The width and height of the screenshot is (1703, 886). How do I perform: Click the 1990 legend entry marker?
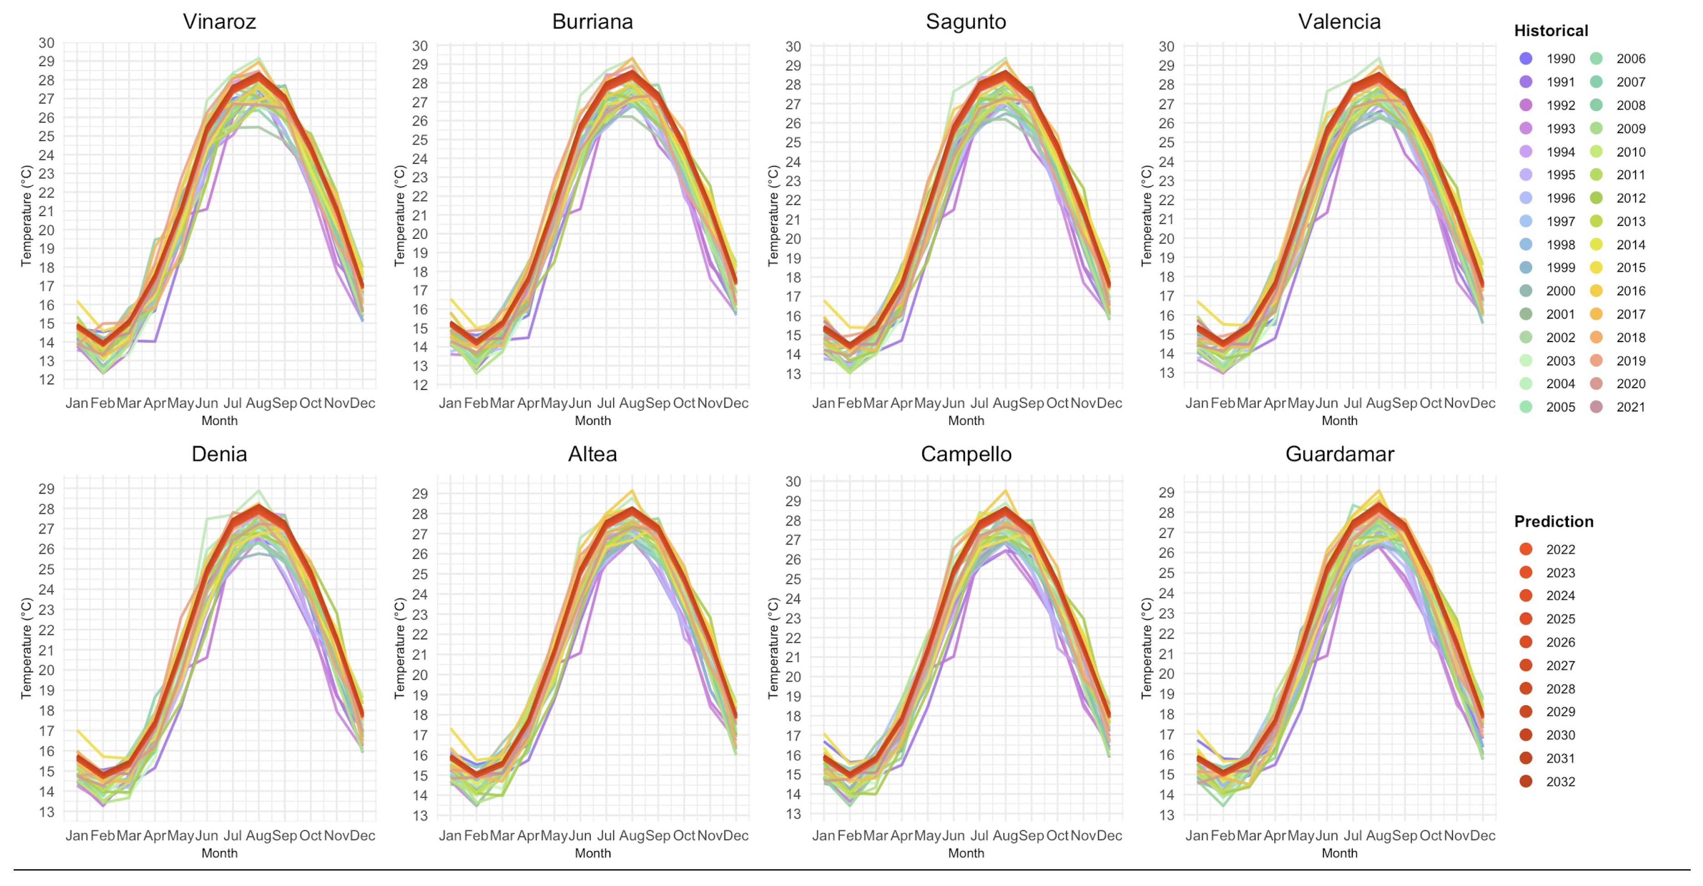(x=1525, y=59)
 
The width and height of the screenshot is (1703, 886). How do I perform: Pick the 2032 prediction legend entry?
(x=1525, y=781)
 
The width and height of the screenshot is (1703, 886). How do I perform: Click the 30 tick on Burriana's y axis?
(x=420, y=46)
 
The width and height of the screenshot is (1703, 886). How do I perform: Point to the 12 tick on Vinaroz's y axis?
(x=46, y=380)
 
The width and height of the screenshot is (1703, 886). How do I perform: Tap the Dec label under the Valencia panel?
(x=1483, y=403)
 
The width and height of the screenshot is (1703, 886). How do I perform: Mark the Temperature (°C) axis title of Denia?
(x=26, y=648)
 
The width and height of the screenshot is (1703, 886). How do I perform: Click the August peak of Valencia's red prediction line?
(x=1379, y=76)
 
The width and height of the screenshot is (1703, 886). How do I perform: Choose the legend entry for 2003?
(x=1525, y=361)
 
